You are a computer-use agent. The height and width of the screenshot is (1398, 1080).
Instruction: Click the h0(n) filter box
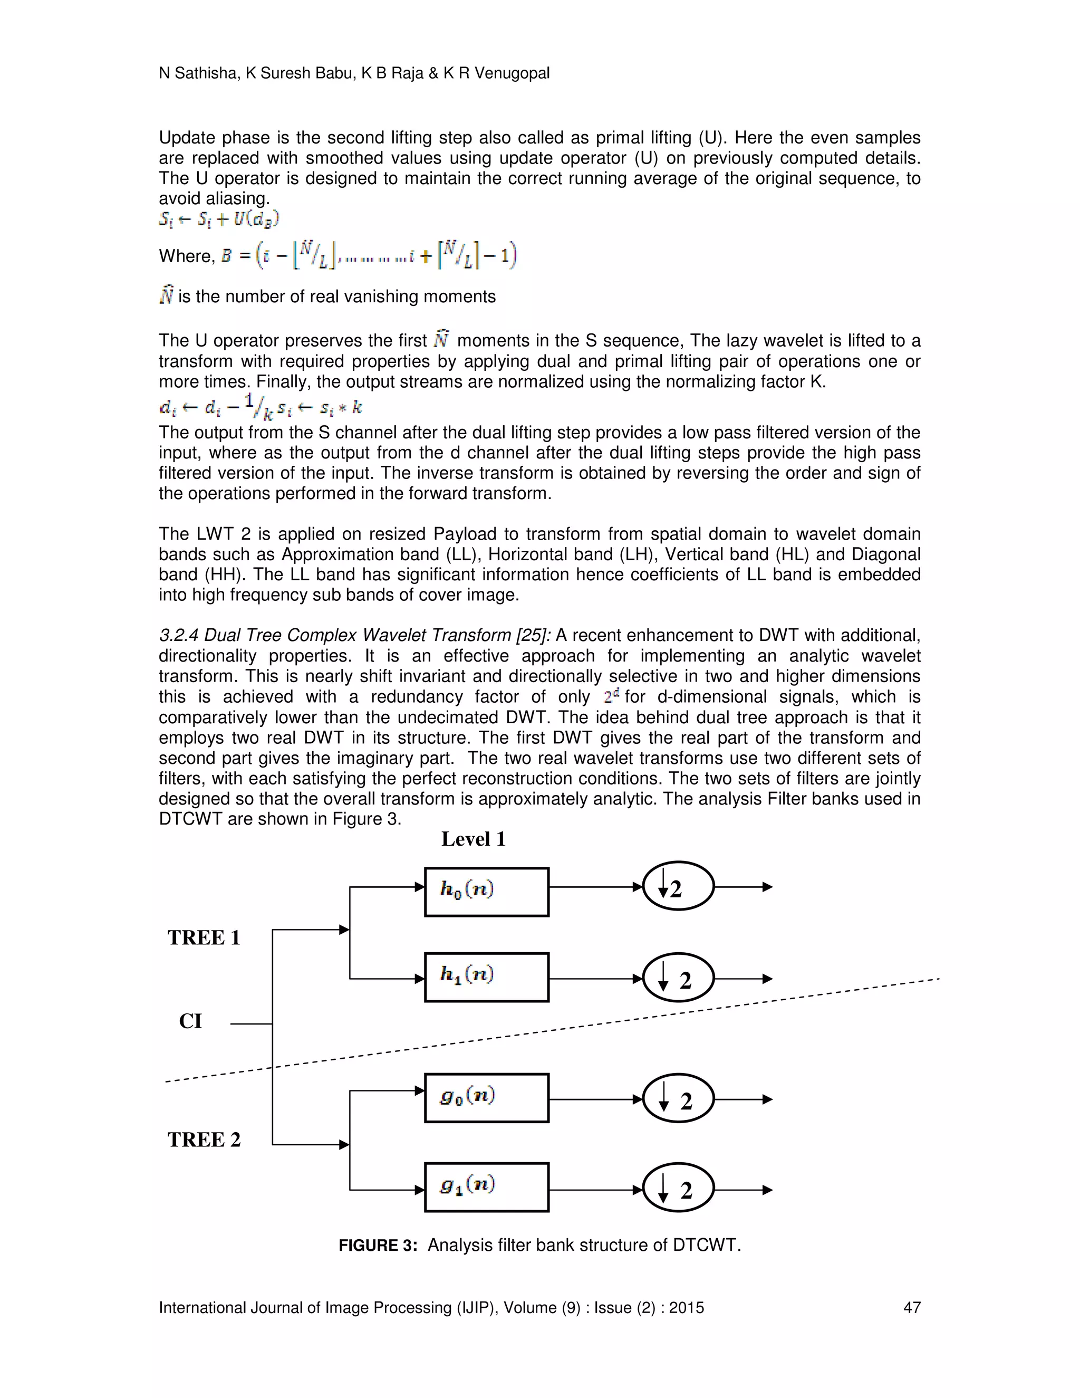click(486, 892)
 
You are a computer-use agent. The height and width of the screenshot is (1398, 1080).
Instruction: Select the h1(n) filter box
click(486, 977)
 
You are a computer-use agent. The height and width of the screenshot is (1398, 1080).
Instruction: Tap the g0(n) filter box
click(486, 1098)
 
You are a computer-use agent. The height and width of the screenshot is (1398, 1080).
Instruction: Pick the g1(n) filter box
click(486, 1187)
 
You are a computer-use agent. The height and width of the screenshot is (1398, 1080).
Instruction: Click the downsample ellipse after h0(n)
click(678, 887)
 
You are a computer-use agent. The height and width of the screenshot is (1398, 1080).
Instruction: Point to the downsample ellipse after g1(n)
click(678, 1189)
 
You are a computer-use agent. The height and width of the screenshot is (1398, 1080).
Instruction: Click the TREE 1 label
click(204, 938)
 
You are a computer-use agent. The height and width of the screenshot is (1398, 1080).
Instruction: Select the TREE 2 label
click(204, 1140)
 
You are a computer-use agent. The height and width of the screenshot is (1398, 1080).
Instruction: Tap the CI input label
click(190, 1022)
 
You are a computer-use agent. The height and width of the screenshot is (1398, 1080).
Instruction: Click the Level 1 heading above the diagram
click(474, 839)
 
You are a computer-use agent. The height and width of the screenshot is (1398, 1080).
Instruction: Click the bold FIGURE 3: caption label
click(378, 1246)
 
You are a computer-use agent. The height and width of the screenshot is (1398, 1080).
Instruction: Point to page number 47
click(911, 1308)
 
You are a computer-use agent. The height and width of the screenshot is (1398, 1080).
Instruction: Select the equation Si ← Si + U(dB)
click(219, 219)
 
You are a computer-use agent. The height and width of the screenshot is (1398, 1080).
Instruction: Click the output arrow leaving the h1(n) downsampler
click(743, 979)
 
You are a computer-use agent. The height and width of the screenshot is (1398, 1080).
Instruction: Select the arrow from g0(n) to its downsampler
click(595, 1099)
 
